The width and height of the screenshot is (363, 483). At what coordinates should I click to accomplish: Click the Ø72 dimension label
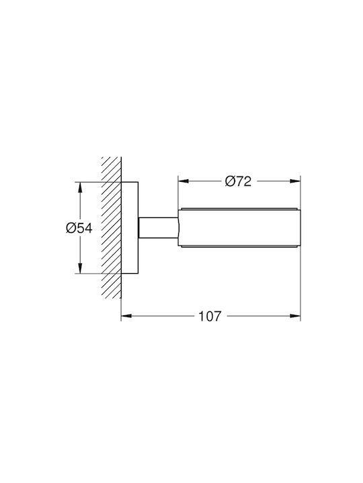point(238,181)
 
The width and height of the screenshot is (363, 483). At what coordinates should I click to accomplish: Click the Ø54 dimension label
point(79,228)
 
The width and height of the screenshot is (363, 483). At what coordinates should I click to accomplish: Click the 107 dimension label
point(210,316)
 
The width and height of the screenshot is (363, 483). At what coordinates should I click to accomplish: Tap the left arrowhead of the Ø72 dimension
point(184,181)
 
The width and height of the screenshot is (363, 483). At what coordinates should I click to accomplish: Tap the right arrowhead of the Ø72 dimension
point(295,181)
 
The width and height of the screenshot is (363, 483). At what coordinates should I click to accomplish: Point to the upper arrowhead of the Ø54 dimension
point(80,187)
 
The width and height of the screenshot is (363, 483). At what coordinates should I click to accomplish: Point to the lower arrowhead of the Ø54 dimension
point(80,268)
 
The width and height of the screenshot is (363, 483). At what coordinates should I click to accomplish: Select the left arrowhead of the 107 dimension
point(126,316)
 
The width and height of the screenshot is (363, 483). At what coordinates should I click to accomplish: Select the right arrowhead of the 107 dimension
point(295,316)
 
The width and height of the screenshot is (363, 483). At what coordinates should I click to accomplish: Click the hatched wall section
point(112,227)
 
